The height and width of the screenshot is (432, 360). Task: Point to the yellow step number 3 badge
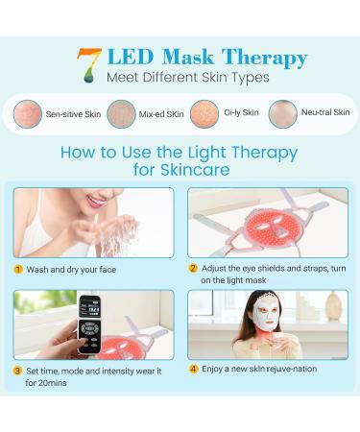[x=18, y=370]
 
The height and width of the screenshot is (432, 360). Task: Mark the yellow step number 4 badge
[x=193, y=370]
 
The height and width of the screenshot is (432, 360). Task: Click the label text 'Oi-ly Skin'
[x=241, y=112]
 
